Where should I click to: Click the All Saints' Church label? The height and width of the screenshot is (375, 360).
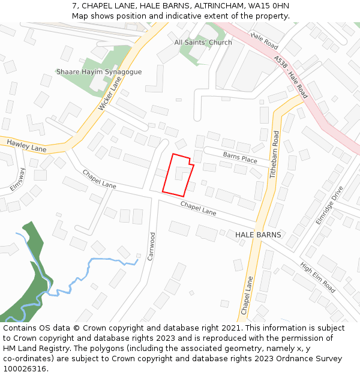[x=203, y=43]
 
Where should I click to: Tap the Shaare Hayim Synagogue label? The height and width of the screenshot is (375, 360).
[x=99, y=72]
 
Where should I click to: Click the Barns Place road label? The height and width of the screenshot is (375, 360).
[x=240, y=157]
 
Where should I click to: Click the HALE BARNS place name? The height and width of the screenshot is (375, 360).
[x=258, y=235]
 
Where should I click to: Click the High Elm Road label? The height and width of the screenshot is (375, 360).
[x=317, y=278]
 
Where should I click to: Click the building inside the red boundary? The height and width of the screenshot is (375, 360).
[x=182, y=173]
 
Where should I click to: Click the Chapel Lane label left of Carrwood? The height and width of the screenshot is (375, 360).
[x=99, y=179]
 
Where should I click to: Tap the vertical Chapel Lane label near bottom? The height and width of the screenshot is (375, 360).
[x=245, y=295]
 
